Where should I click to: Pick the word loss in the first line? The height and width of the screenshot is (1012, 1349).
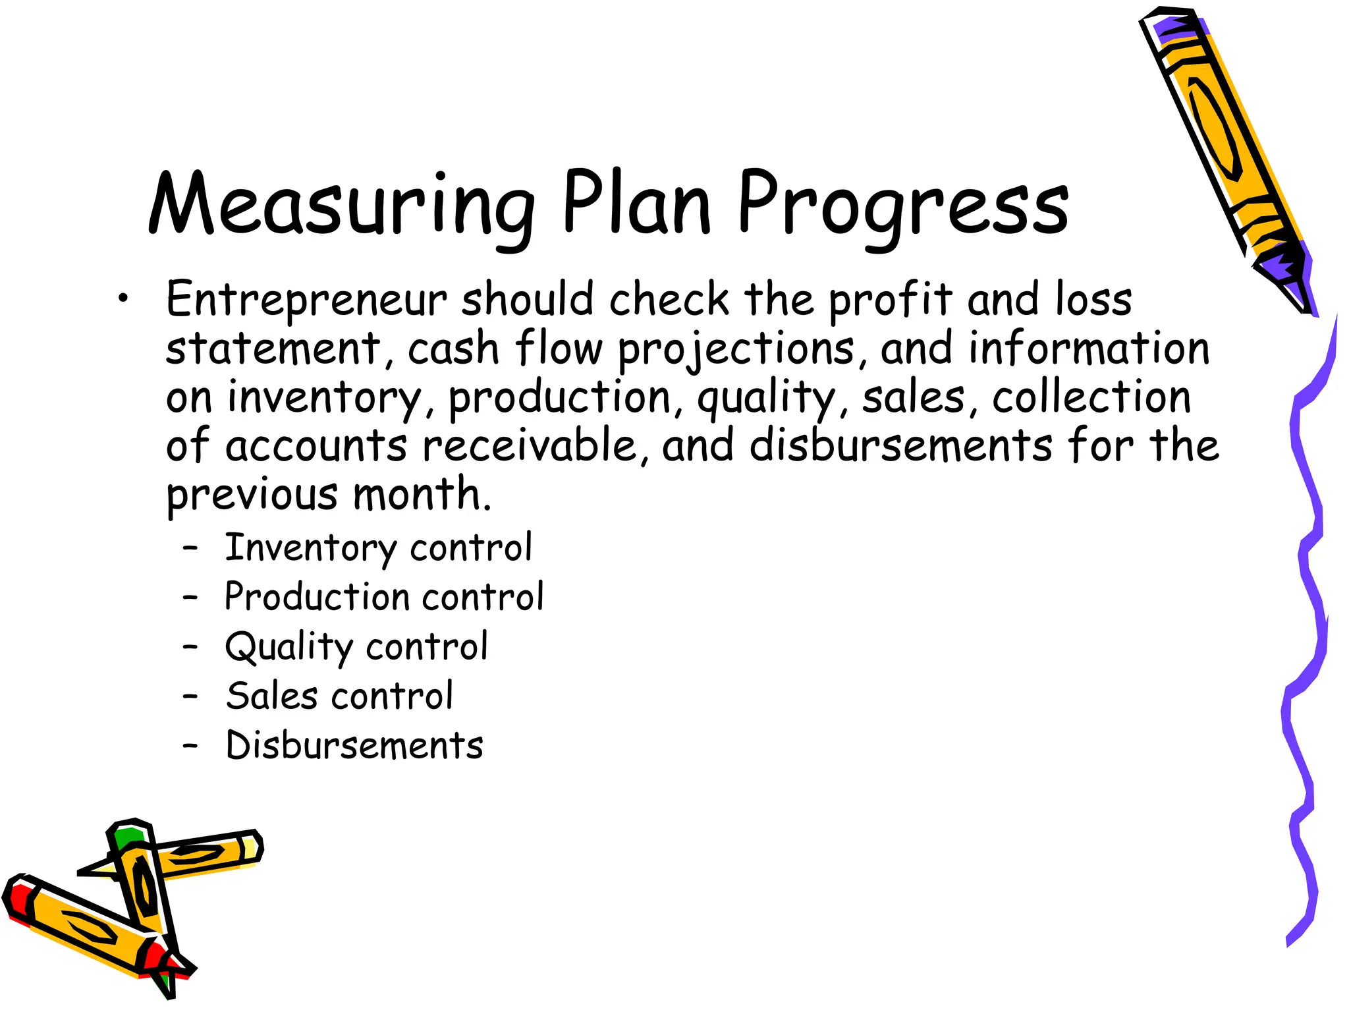tap(1093, 300)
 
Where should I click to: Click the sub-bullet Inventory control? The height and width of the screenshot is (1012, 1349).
tap(378, 548)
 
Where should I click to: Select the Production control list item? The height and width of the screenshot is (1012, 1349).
tap(384, 597)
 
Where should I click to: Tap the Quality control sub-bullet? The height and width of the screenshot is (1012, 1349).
tap(356, 647)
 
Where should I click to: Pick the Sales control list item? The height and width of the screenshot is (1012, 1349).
tap(339, 696)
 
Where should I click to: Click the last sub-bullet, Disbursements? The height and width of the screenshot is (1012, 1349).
tap(354, 746)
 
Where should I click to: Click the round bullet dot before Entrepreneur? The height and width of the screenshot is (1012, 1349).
tap(123, 299)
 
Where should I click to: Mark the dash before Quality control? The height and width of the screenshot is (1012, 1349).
tap(190, 647)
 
